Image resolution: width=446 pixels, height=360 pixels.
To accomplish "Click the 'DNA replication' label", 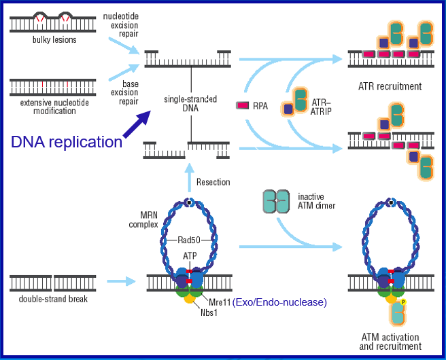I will click(67, 142).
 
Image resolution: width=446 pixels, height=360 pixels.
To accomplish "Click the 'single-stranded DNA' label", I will click(190, 104).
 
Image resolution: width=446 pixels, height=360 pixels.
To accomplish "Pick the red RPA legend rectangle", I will click(243, 105).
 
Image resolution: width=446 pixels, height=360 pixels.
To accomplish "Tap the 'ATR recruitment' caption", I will click(390, 86).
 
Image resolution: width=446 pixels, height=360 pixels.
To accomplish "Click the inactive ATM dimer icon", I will click(276, 202).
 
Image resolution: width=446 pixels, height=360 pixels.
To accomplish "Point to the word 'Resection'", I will click(213, 182).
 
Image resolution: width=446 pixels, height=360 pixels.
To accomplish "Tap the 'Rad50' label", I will click(188, 238).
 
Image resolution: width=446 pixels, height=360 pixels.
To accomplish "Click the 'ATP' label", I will click(190, 256).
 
